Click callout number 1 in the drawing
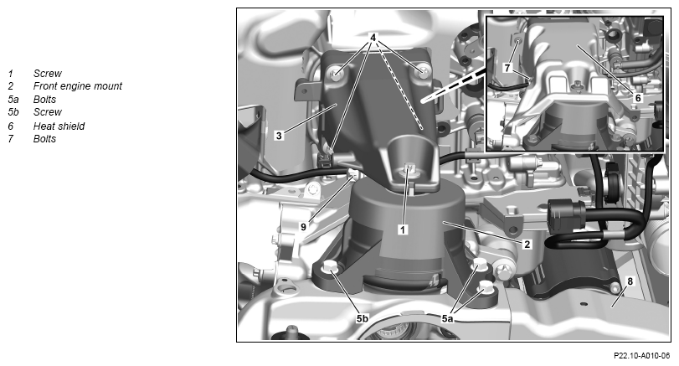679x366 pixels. pyautogui.click(x=403, y=229)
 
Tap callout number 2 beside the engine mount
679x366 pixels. pyautogui.click(x=527, y=245)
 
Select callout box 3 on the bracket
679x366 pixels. pyautogui.click(x=279, y=136)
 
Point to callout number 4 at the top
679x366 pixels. pyautogui.click(x=373, y=37)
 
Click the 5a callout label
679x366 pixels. pyautogui.click(x=447, y=319)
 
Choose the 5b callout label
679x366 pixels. pyautogui.click(x=363, y=319)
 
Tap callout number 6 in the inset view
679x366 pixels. pyautogui.click(x=638, y=98)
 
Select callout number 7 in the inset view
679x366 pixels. pyautogui.click(x=507, y=68)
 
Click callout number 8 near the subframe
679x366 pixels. pyautogui.click(x=630, y=281)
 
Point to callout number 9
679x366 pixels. pyautogui.click(x=303, y=226)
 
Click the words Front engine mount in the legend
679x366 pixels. pyautogui.click(x=78, y=86)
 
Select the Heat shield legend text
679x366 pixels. pyautogui.click(x=59, y=126)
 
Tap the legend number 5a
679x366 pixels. pyautogui.click(x=13, y=99)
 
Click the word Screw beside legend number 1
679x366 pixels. pyautogui.click(x=47, y=73)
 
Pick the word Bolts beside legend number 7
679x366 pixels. pyautogui.click(x=44, y=138)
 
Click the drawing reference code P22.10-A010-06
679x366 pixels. pyautogui.click(x=642, y=356)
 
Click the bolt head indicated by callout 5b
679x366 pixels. pyautogui.click(x=330, y=268)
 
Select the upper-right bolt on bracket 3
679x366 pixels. pyautogui.click(x=422, y=70)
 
